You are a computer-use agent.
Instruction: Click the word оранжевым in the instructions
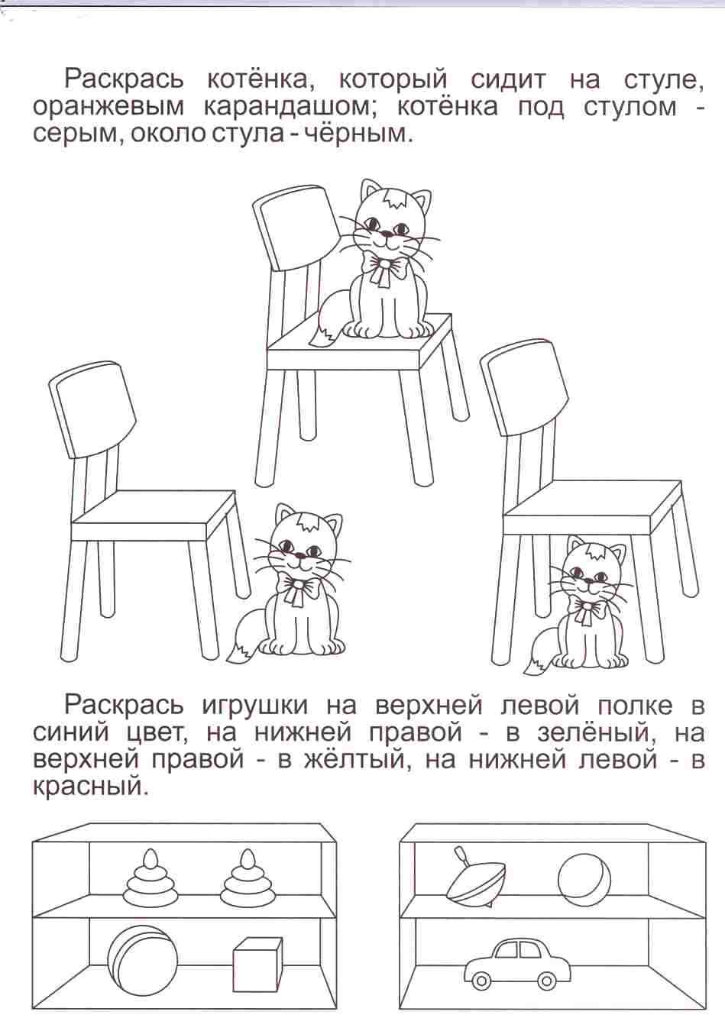(x=108, y=108)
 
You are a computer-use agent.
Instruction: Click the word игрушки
(x=264, y=707)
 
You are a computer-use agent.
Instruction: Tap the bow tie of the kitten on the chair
(x=386, y=269)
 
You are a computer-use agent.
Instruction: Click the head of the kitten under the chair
(x=594, y=570)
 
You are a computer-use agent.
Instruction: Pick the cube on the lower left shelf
(x=257, y=969)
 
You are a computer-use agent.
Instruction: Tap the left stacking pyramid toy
(x=151, y=877)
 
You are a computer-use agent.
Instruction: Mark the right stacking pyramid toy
(x=248, y=877)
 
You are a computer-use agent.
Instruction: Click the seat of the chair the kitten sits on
(x=359, y=338)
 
